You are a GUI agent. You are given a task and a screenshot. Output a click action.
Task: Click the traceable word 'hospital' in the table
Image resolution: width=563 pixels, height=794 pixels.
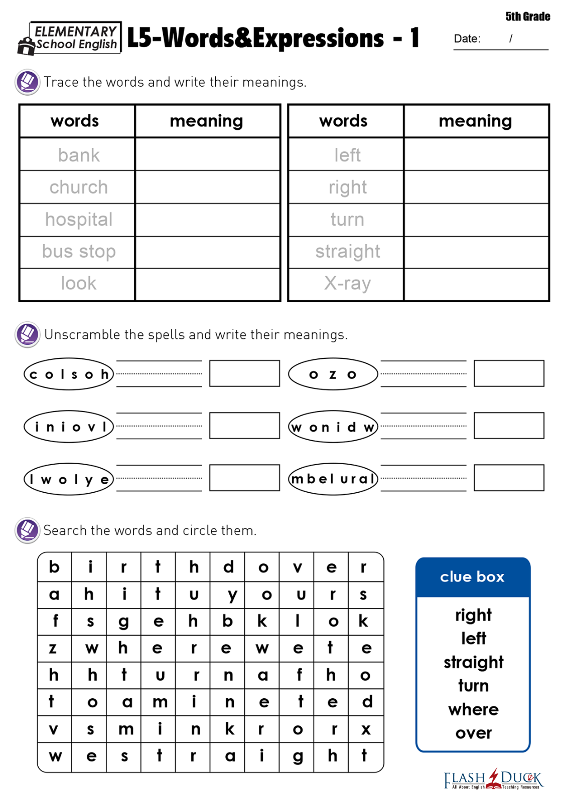pos(79,220)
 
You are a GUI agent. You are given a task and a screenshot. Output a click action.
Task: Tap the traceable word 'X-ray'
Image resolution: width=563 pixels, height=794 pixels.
pos(347,284)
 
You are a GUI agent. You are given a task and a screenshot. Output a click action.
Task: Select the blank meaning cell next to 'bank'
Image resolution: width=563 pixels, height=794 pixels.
pos(207,154)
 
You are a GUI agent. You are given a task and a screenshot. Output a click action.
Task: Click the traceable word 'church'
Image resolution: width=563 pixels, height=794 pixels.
pos(79,187)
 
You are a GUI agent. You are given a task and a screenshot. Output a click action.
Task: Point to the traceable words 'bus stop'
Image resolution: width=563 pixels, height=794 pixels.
pos(79,252)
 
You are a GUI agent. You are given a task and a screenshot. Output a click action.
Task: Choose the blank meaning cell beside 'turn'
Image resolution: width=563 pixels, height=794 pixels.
pos(476,220)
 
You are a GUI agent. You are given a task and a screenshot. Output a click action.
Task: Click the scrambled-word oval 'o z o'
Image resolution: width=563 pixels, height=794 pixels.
pos(333,374)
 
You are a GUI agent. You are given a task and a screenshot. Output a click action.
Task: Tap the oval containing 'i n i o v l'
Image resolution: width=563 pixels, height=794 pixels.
pos(69,427)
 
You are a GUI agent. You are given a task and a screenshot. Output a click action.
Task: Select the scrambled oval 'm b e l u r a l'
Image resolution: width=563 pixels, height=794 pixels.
pos(333,479)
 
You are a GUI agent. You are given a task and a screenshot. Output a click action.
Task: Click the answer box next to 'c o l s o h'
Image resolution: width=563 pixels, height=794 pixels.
pos(244,373)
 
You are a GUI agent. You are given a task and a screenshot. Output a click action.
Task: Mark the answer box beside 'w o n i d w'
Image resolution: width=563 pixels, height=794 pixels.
pos(509,426)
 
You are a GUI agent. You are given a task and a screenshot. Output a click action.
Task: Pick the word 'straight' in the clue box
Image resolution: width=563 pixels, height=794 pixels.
pos(473,662)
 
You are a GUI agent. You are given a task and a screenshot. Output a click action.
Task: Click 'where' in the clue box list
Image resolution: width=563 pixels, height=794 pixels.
pos(473,709)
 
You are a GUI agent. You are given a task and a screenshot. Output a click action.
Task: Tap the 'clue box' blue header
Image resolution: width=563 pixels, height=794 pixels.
pos(472,577)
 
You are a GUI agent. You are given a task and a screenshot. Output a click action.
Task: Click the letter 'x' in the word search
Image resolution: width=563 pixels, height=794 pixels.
pos(366,729)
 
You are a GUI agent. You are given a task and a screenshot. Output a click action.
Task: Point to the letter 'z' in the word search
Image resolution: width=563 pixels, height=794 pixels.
pos(53,648)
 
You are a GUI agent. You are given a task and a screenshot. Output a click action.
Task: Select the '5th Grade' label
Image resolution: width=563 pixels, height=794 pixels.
pos(527,17)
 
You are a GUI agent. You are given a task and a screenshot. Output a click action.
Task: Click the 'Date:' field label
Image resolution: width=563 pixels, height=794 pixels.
pos(467,39)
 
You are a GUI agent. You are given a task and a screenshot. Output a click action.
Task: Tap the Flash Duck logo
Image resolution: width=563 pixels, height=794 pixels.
pos(493,778)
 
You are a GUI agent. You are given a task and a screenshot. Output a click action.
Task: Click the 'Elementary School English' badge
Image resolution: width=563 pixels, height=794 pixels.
pos(70,38)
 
